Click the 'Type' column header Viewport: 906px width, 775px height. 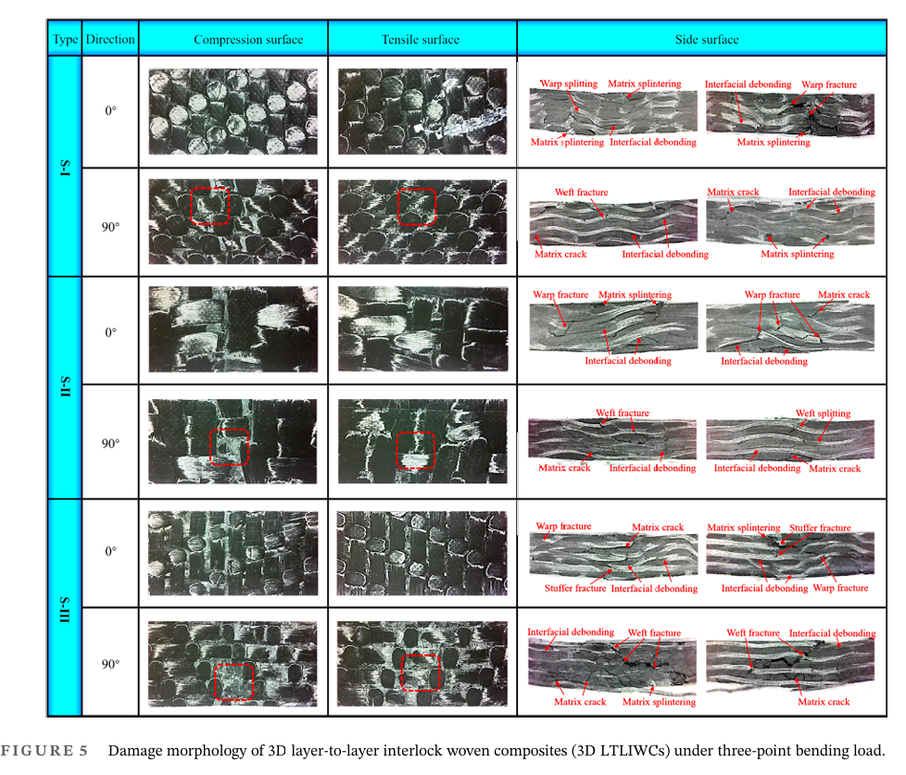pos(65,40)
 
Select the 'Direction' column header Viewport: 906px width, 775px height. pos(110,40)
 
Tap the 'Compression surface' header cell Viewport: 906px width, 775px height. pos(234,40)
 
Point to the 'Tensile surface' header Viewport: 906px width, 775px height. pos(422,40)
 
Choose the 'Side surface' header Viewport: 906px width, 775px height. pos(707,40)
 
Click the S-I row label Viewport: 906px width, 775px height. pos(65,168)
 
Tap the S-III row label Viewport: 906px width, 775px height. pos(65,606)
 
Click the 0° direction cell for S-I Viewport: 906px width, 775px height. pos(110,111)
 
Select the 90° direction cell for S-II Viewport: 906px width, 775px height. pos(110,444)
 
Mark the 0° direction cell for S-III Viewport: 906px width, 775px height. pos(110,551)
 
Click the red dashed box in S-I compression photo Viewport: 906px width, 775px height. pos(209,205)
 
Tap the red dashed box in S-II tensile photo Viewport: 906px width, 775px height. pos(415,450)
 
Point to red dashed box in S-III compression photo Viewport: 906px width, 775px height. pos(233,681)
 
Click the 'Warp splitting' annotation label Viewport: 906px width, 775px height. pos(568,84)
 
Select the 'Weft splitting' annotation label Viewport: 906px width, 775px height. pos(823,414)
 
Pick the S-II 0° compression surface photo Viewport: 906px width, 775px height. pos(233,330)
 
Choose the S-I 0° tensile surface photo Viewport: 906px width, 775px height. pos(422,111)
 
